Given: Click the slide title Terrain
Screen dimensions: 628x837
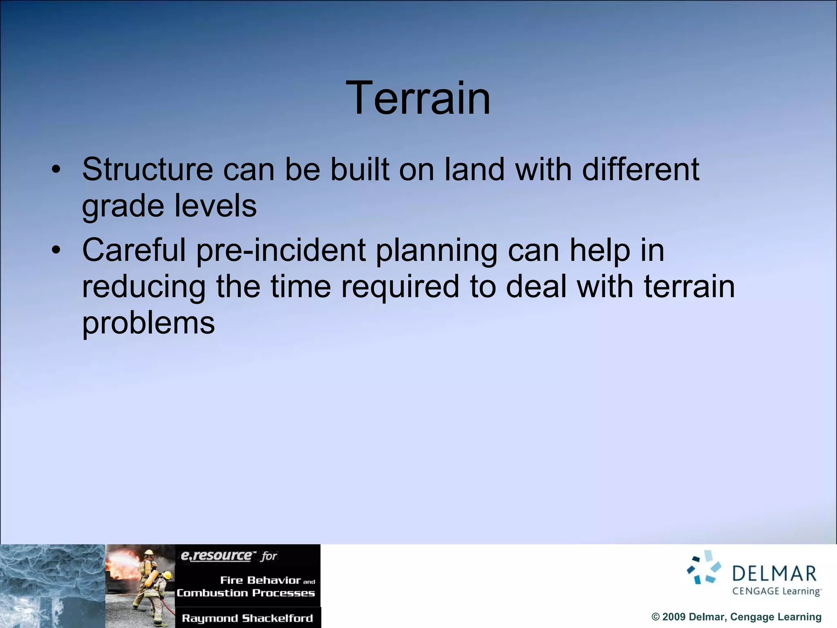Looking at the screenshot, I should [x=418, y=98].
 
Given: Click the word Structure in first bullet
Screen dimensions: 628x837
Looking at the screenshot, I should [x=148, y=169].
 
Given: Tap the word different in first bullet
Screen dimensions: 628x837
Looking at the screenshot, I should [x=640, y=169].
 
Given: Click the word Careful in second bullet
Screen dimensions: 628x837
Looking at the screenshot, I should [x=134, y=250].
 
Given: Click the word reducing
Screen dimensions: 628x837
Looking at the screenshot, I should [x=143, y=287].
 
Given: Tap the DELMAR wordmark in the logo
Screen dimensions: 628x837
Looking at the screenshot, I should [x=774, y=574].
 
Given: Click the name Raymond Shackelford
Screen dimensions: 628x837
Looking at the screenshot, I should [x=247, y=618].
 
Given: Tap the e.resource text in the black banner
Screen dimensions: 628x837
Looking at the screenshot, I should [x=216, y=556].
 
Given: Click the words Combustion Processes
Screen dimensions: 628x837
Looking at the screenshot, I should [x=246, y=593].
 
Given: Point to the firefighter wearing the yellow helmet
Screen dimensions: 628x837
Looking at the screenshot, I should [x=149, y=568].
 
